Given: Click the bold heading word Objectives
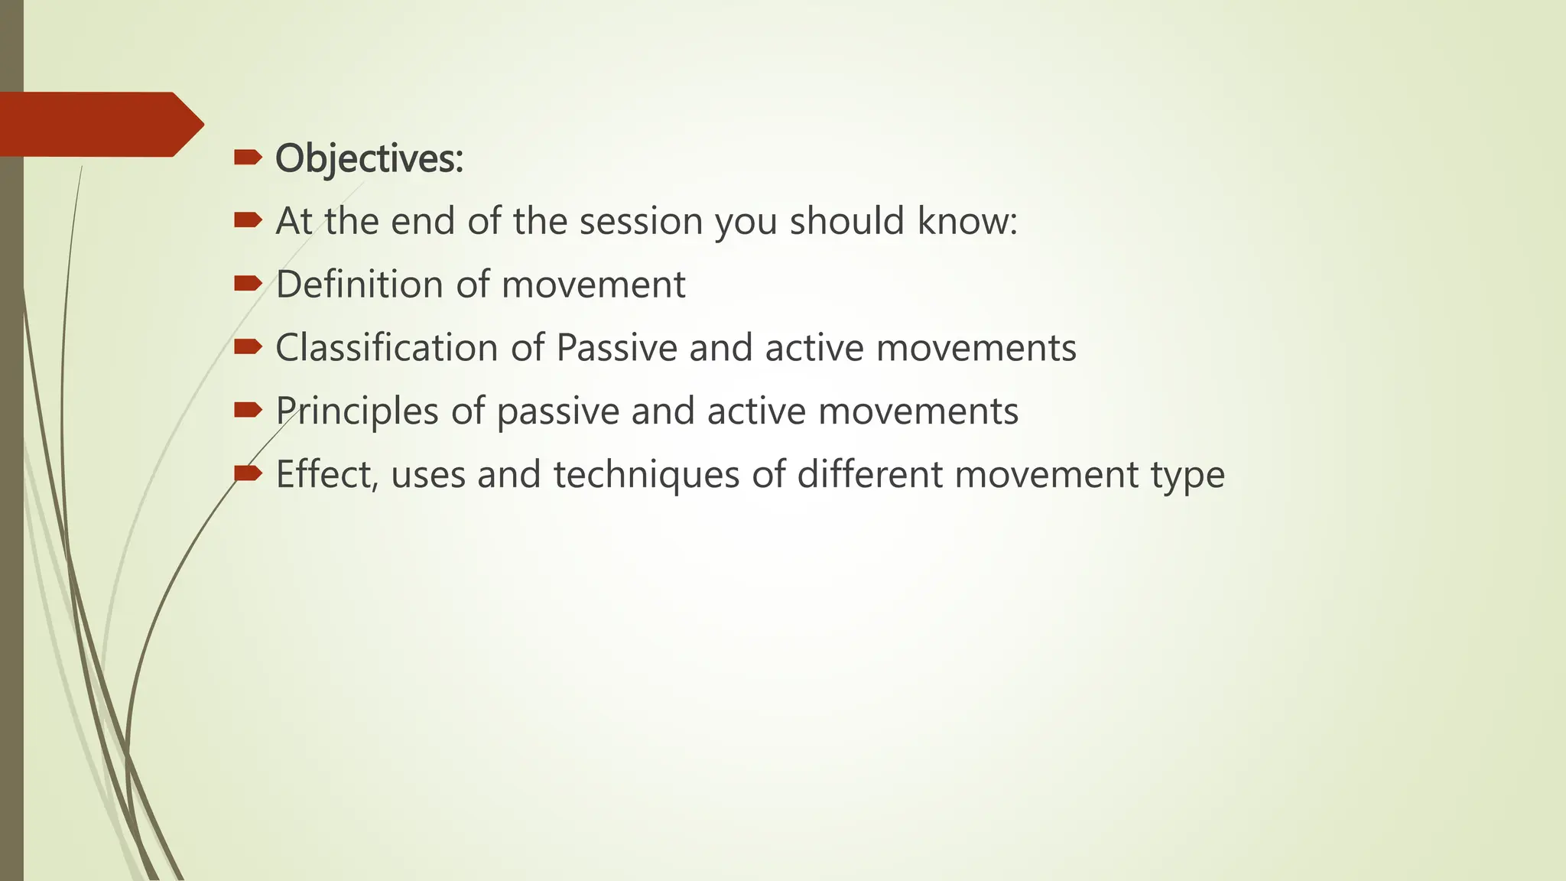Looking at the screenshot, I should pos(369,159).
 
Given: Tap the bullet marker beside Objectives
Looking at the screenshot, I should pos(248,158).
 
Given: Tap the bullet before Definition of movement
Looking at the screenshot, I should pos(248,284).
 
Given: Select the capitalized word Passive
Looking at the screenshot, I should pos(616,348).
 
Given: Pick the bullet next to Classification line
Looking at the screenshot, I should pos(248,348).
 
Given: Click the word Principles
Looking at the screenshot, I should pos(357,411).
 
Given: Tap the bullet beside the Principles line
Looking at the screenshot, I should pos(248,411).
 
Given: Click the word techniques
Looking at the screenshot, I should pos(646,475).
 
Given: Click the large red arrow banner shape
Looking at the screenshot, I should pos(99,125).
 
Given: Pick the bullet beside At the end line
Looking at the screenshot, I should pos(248,221).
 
